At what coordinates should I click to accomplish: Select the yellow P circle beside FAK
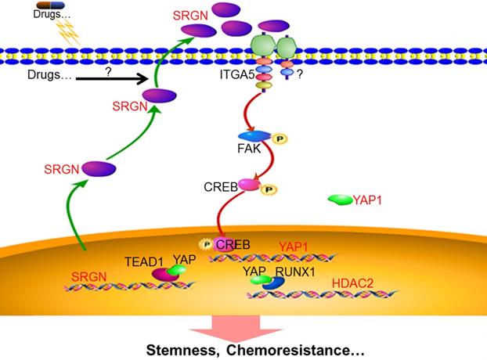279,139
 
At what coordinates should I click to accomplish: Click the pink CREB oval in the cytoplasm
249,186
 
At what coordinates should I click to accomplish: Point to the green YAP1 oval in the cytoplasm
340,200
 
